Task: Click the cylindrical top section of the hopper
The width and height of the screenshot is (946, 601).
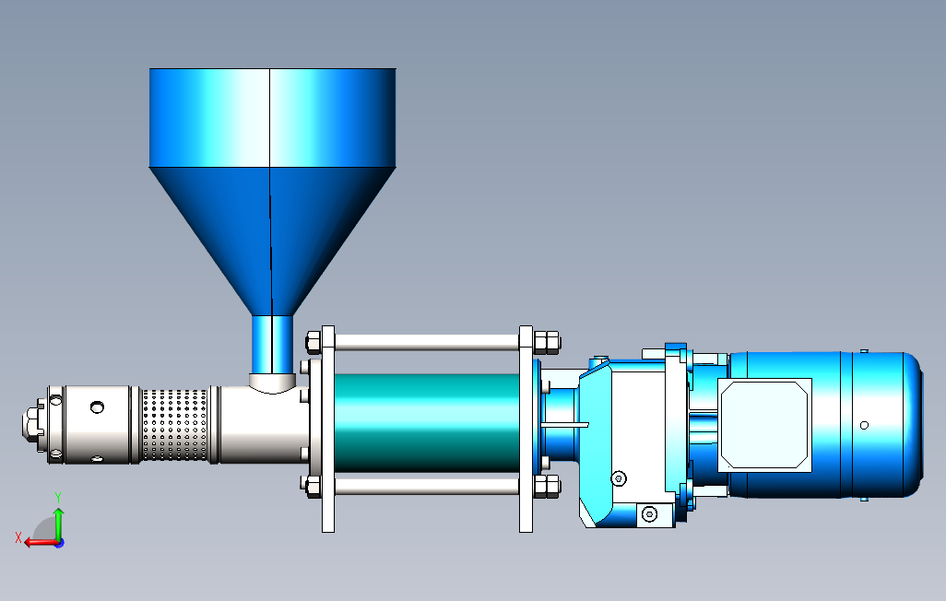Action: click(x=272, y=118)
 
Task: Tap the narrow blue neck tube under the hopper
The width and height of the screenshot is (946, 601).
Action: click(x=272, y=345)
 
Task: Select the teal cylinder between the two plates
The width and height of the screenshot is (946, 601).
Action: click(x=427, y=423)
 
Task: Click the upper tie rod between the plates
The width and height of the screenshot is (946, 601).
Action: click(x=427, y=343)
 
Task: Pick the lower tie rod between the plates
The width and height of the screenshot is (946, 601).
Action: click(x=427, y=486)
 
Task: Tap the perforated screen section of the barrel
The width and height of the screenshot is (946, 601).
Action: click(x=175, y=425)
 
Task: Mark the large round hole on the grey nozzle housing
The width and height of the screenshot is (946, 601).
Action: click(x=97, y=407)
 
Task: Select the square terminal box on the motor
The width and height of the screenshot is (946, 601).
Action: click(x=764, y=425)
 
